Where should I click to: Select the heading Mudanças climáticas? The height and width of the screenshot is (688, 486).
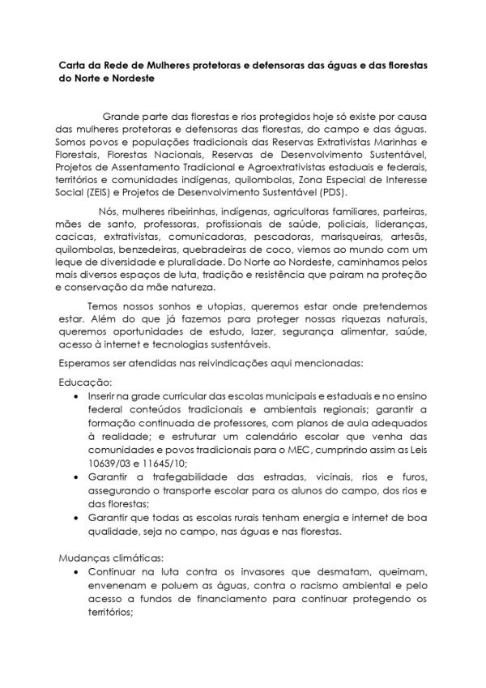point(110,558)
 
